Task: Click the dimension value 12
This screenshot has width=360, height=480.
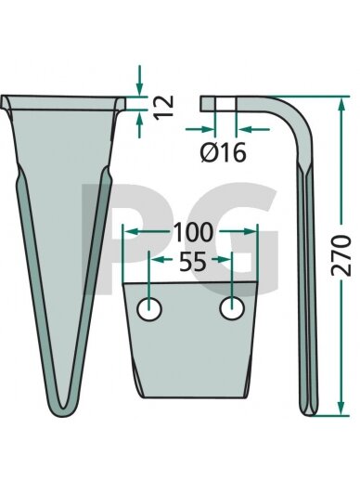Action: (163, 107)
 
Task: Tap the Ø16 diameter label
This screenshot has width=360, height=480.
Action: (223, 152)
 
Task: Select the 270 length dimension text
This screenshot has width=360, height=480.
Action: (341, 255)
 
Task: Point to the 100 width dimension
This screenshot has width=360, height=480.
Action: (194, 232)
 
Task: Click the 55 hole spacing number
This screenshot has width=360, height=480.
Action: (193, 262)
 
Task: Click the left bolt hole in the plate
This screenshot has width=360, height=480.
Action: (149, 309)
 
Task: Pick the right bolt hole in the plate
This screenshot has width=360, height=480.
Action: (232, 308)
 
